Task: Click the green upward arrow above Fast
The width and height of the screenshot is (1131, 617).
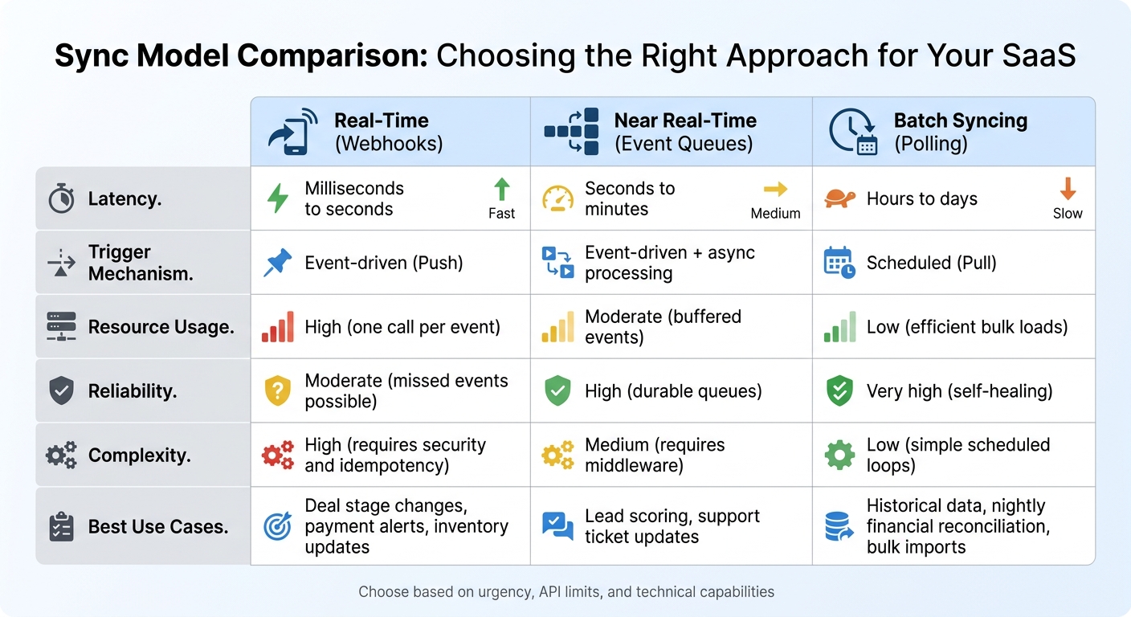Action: pos(502,190)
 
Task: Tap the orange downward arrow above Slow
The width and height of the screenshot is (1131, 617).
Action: pos(1068,190)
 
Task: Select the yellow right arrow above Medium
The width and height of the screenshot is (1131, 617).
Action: pos(775,190)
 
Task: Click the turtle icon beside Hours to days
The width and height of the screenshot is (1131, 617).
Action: pos(840,198)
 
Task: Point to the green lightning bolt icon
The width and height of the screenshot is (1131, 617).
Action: pos(278,198)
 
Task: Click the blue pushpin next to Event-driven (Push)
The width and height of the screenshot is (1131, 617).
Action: pos(278,263)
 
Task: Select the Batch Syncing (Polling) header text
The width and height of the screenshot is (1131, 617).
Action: pos(960,133)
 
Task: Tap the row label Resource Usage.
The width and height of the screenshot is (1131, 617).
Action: pos(161,327)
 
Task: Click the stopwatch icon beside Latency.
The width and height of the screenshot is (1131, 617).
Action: pos(61,199)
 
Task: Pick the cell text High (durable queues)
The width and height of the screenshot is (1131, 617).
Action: pos(673,391)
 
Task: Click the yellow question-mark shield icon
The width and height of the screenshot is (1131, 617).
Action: pos(277,391)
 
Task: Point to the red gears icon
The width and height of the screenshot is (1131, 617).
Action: pos(278,456)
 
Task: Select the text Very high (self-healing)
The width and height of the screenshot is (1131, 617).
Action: pos(959,391)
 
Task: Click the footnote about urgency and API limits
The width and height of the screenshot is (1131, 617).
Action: pos(565,592)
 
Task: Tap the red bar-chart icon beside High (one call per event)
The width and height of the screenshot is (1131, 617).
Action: pos(277,328)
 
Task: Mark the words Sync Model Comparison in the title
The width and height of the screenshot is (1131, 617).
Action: pos(240,56)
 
